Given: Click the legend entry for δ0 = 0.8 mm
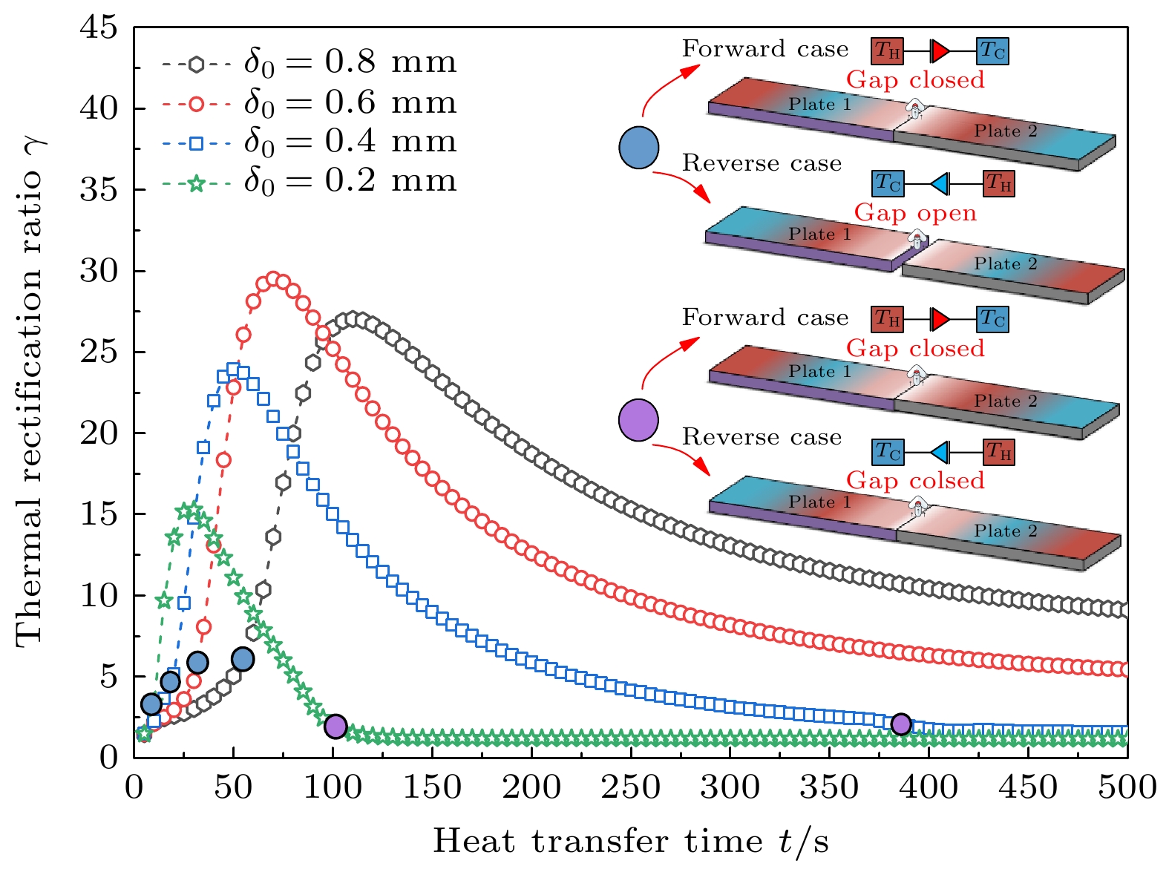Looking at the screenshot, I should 308,63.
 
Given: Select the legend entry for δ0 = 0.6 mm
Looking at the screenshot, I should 308,103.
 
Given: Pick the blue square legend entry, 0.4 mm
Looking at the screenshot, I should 308,142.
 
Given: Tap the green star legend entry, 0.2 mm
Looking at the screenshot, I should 308,182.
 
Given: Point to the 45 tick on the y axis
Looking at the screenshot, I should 99,28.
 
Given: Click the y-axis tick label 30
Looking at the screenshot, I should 99,272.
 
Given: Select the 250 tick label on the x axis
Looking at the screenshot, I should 630,787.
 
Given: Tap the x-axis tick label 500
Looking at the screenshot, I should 1127,787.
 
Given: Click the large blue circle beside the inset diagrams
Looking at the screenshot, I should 639,147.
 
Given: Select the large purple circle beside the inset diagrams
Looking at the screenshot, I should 639,420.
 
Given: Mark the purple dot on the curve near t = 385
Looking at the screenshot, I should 901,724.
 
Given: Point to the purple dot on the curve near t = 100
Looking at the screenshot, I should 335,726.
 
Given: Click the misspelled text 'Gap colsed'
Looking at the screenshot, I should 915,481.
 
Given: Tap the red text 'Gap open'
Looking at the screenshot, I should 915,213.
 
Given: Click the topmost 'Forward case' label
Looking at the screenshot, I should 764,50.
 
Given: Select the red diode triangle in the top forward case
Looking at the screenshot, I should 940,51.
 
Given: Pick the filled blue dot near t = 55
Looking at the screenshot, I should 243,658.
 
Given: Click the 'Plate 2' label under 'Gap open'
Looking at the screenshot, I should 1006,264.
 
